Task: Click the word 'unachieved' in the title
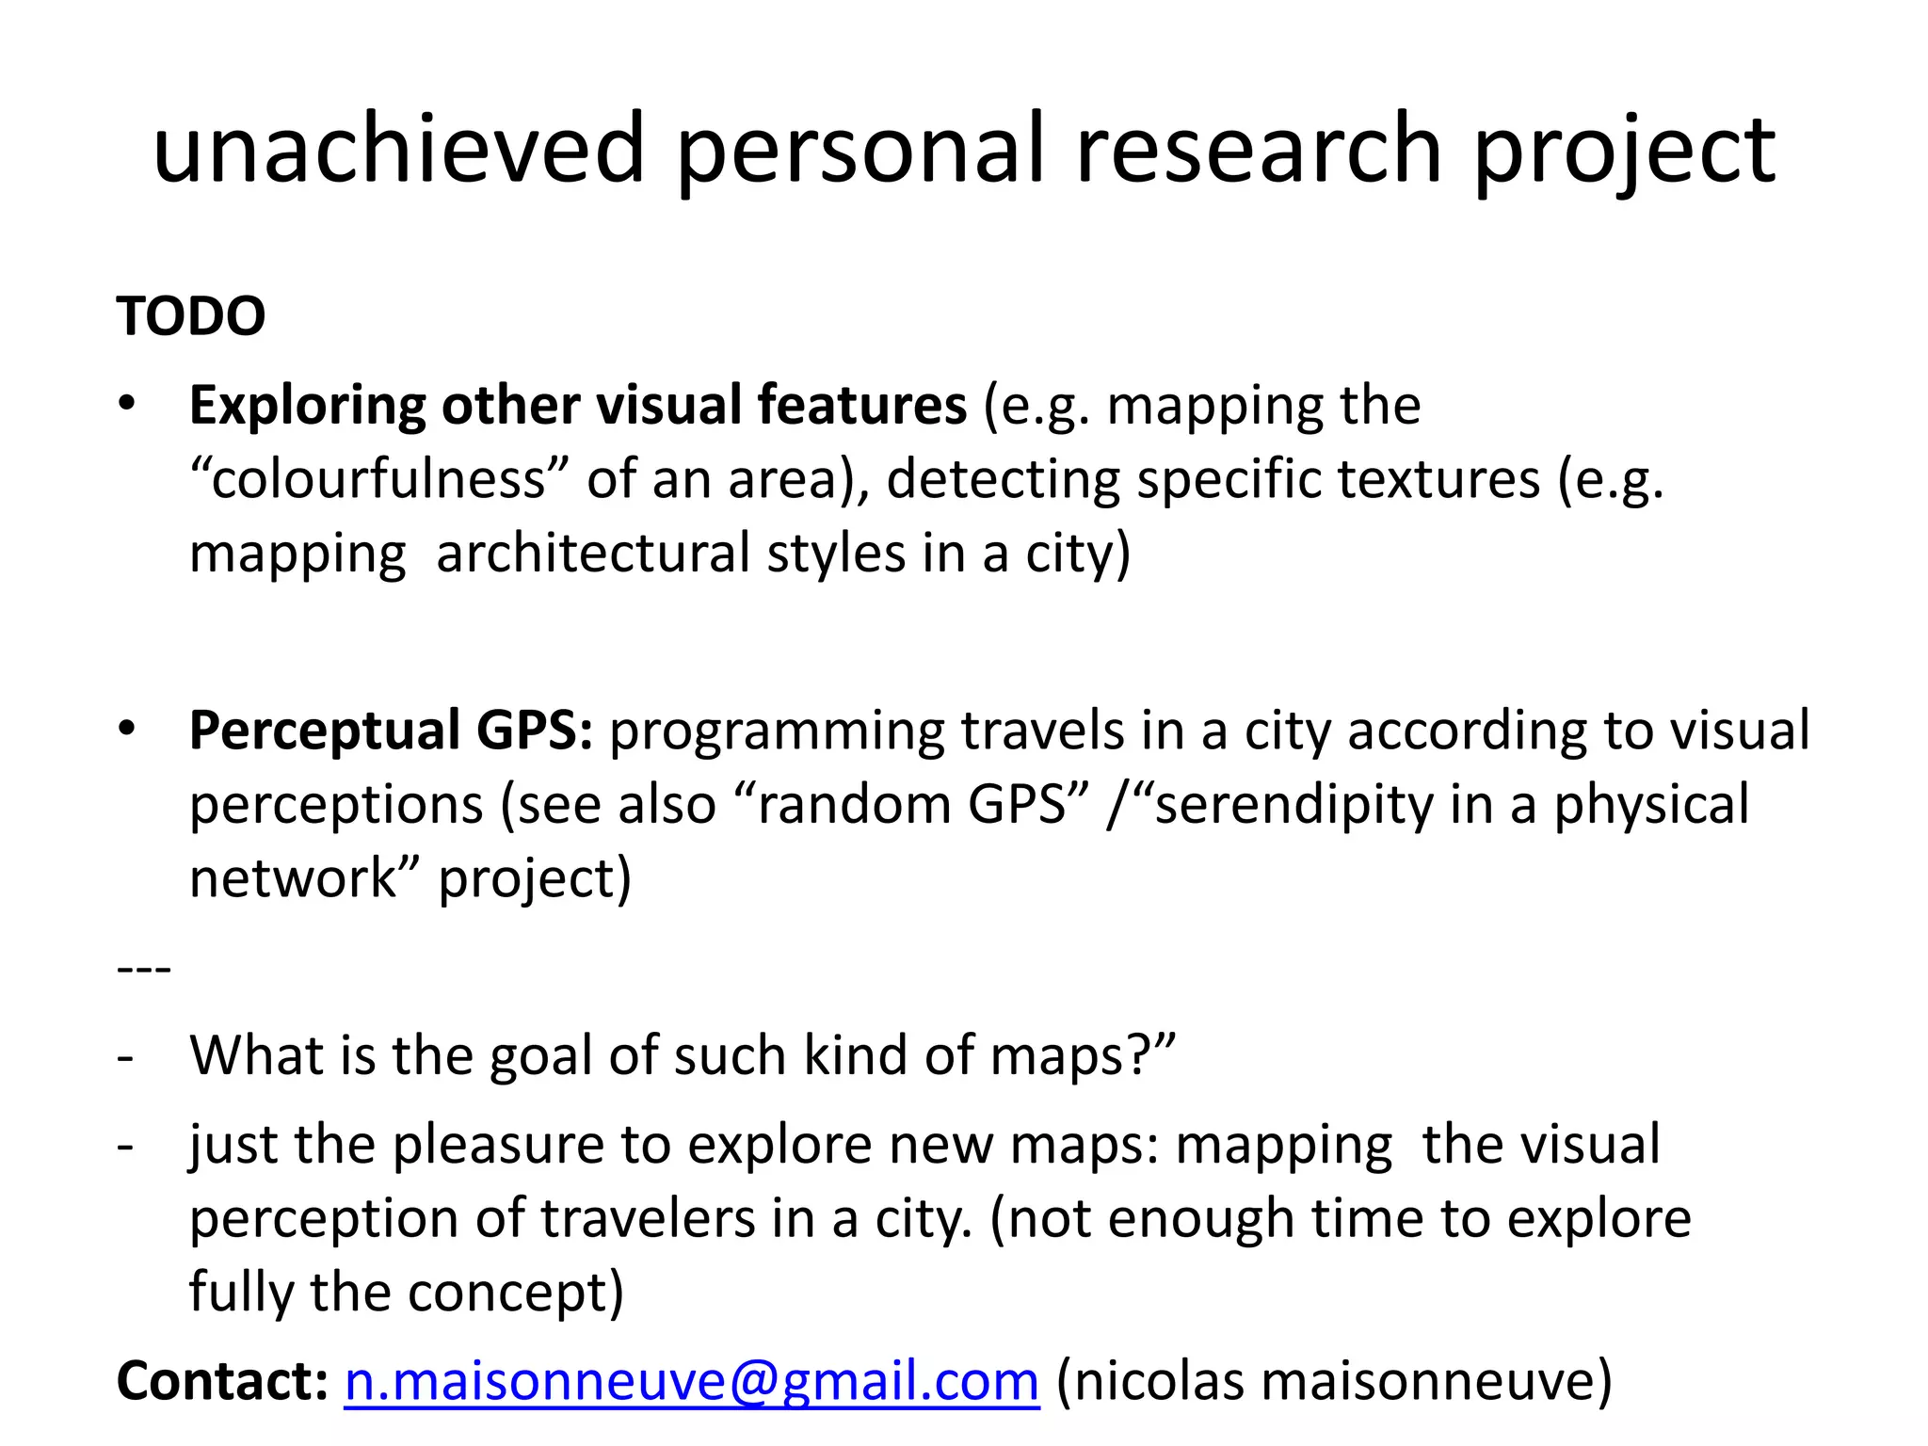pos(397,149)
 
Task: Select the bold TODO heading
pos(191,316)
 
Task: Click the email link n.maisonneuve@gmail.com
pos(692,1381)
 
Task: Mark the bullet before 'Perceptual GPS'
pos(127,729)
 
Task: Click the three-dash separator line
pos(144,968)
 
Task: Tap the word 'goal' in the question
pos(541,1055)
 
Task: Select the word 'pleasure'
pos(498,1146)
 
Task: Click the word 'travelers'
pos(648,1218)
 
